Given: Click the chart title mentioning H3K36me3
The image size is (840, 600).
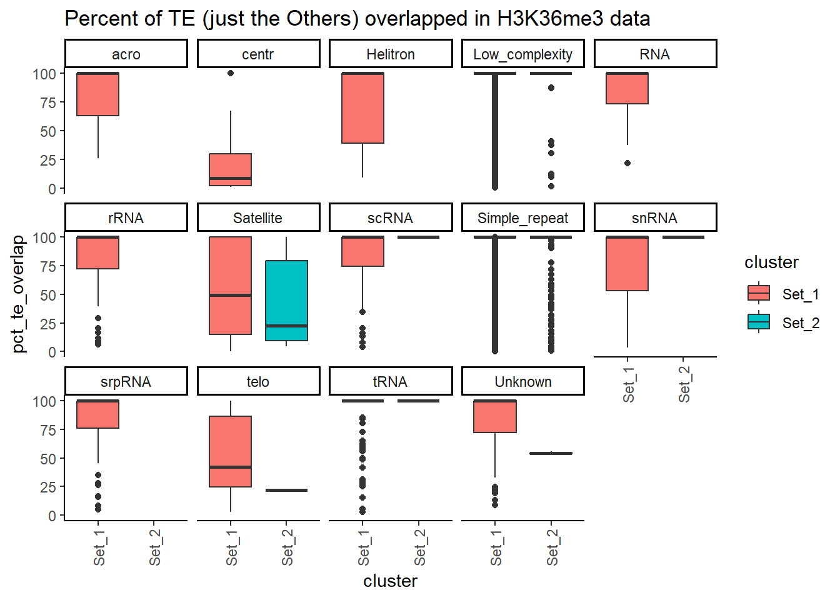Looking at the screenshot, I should point(357,19).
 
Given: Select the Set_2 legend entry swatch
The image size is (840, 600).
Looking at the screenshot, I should point(759,322).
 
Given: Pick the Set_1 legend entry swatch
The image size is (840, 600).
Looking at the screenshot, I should point(759,294).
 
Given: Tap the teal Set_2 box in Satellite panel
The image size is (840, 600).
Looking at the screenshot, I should point(286,301).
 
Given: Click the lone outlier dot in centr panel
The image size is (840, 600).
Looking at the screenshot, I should point(231,73).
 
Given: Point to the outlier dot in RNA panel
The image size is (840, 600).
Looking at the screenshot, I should point(627,163).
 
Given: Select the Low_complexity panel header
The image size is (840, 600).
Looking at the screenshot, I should point(522,54).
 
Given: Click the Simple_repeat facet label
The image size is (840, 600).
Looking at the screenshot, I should point(522,218).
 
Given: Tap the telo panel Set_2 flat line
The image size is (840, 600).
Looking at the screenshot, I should point(286,490).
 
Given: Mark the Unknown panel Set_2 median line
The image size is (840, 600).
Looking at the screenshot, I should point(551,453).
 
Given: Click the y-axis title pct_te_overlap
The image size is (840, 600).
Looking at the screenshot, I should point(19,294).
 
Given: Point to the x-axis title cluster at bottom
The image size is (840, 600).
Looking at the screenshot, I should point(390,581).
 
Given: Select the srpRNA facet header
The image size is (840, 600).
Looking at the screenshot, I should point(126,382).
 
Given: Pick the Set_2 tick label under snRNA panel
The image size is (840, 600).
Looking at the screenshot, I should point(684,384).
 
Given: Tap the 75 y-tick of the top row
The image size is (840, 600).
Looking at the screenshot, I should point(47,102).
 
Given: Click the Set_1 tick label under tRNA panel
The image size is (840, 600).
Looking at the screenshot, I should point(364,547).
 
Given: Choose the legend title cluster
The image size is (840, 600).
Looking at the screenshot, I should point(771,262).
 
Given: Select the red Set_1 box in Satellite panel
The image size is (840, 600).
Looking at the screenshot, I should point(231,286).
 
